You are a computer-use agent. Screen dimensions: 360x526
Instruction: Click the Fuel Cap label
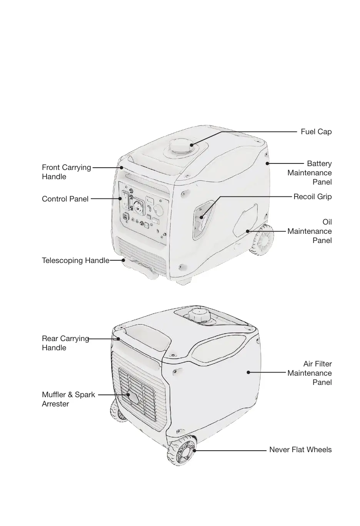(316, 132)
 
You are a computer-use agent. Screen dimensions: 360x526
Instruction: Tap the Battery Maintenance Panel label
(310, 173)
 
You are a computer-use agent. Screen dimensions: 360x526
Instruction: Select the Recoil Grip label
(312, 197)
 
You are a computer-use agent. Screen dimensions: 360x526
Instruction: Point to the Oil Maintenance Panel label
(310, 231)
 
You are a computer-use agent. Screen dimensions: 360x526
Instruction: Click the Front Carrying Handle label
(66, 172)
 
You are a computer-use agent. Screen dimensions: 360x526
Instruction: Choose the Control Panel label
(65, 199)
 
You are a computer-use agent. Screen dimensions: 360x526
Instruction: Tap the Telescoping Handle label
(75, 261)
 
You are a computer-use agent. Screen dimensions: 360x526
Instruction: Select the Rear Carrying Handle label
(65, 343)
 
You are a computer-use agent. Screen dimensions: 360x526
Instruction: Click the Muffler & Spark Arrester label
(68, 399)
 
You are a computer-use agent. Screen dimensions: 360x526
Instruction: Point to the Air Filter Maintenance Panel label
(310, 373)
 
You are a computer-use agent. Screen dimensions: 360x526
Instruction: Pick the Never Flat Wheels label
(300, 450)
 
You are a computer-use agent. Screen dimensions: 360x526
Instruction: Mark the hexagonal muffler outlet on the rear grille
(133, 397)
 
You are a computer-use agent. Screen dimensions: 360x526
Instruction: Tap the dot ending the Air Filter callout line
(248, 372)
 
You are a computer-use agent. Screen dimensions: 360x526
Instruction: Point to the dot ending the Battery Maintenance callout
(267, 163)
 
